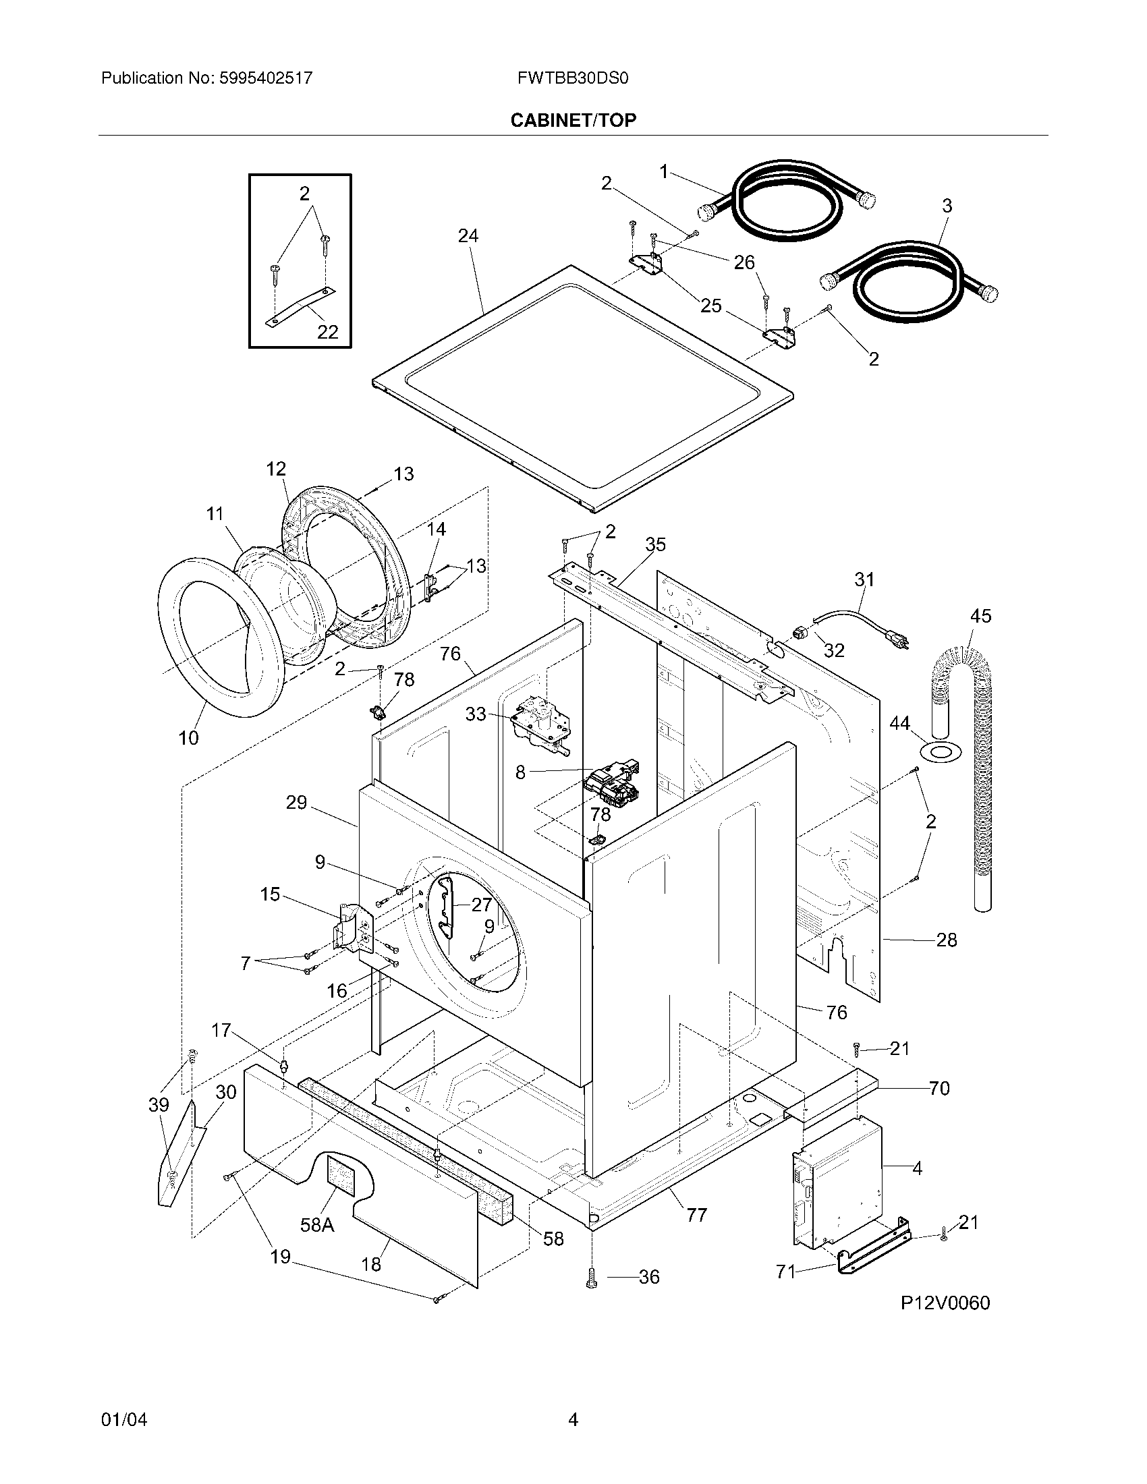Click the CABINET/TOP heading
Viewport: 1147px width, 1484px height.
coord(573,120)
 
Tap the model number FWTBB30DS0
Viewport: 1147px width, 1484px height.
coord(572,78)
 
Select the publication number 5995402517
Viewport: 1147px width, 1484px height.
coord(265,78)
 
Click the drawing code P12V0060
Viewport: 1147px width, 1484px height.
coord(945,1303)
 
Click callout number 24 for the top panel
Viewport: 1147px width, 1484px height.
coord(468,236)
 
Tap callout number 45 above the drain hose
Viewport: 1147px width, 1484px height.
coord(980,616)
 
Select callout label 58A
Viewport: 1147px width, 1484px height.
coord(316,1224)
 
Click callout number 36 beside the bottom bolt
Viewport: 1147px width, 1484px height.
coord(649,1278)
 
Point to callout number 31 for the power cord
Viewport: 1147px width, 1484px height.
coord(864,579)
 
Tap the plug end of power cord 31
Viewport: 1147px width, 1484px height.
coord(897,639)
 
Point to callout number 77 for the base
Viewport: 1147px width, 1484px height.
coord(696,1214)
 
